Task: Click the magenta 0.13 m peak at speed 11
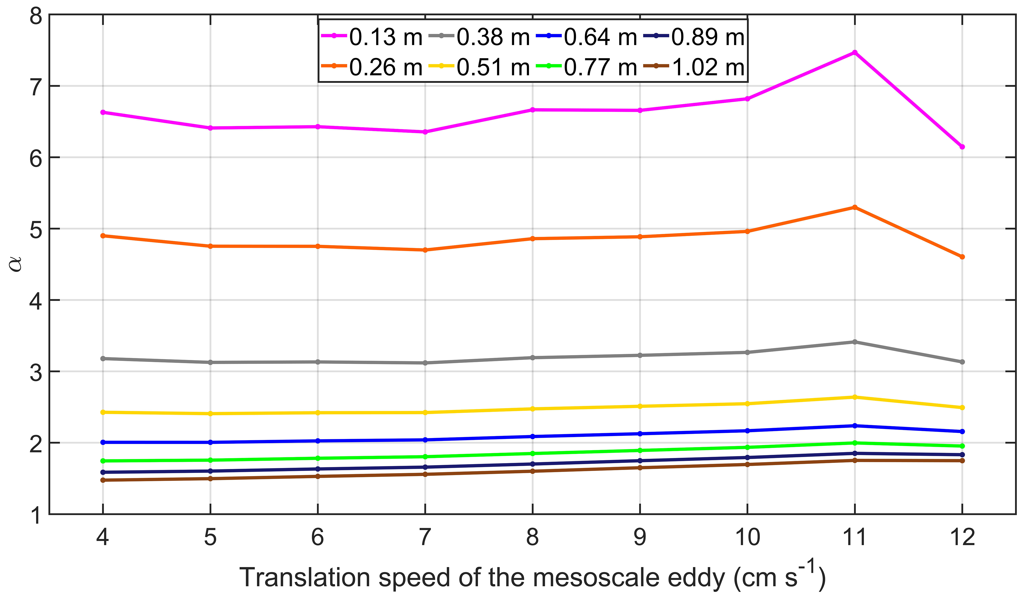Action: (854, 52)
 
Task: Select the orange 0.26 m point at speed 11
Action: (854, 207)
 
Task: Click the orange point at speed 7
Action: (425, 250)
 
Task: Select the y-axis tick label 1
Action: (36, 515)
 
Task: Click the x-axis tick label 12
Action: (962, 537)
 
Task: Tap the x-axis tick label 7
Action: (425, 537)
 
